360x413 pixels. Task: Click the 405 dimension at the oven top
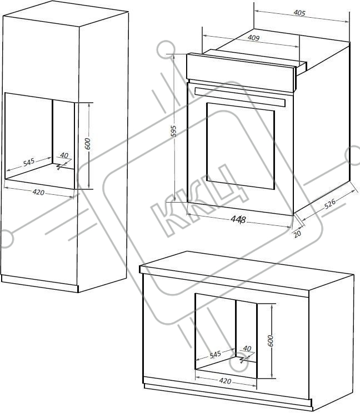click(x=299, y=13)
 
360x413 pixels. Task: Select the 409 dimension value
click(x=253, y=38)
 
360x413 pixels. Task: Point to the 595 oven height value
click(x=173, y=131)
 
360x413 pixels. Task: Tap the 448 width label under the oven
click(x=238, y=219)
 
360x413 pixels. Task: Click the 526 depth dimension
click(x=330, y=203)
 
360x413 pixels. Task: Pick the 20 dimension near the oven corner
click(x=297, y=234)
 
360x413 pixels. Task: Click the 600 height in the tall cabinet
click(x=87, y=144)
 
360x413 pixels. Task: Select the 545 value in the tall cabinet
click(x=29, y=162)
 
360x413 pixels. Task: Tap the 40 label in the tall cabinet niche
click(x=64, y=155)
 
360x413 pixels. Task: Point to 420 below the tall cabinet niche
click(x=38, y=192)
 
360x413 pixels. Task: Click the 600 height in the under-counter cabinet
click(x=271, y=341)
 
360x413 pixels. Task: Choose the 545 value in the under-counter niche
click(x=216, y=354)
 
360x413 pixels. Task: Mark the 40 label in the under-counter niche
click(x=247, y=349)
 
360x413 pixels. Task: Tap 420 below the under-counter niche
click(x=226, y=381)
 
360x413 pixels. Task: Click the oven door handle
click(x=240, y=97)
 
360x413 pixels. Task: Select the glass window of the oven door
click(x=241, y=146)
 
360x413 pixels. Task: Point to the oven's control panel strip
click(x=241, y=72)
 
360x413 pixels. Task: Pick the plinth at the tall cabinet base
click(x=39, y=284)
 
